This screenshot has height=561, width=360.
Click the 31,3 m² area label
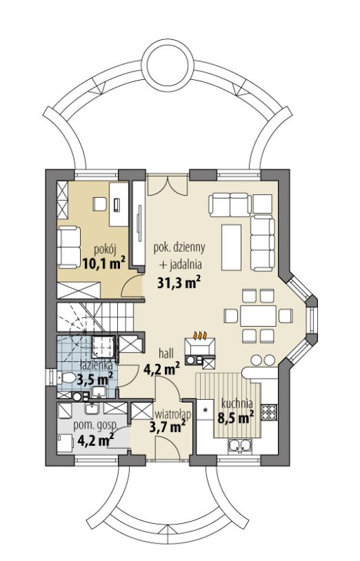click(x=178, y=283)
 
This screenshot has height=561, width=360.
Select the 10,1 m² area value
click(x=104, y=264)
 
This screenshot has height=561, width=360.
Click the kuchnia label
click(x=237, y=403)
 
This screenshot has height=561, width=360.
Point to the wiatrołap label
click(x=173, y=414)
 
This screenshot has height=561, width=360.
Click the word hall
click(x=166, y=354)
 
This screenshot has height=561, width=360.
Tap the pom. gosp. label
click(x=95, y=426)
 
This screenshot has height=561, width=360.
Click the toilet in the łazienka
click(x=66, y=377)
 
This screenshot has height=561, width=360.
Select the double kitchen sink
click(x=240, y=445)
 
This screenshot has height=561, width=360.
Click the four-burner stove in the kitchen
click(x=269, y=412)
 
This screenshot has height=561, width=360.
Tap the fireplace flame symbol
click(x=200, y=335)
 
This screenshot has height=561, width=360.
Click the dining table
click(x=258, y=316)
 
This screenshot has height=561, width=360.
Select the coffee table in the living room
click(x=232, y=248)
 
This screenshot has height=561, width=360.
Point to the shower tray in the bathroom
click(x=103, y=346)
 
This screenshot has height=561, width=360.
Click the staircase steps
click(x=95, y=317)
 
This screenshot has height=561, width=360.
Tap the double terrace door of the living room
click(x=167, y=185)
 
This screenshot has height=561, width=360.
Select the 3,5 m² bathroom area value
click(x=95, y=379)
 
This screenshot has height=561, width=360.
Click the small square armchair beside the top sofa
click(x=262, y=203)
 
